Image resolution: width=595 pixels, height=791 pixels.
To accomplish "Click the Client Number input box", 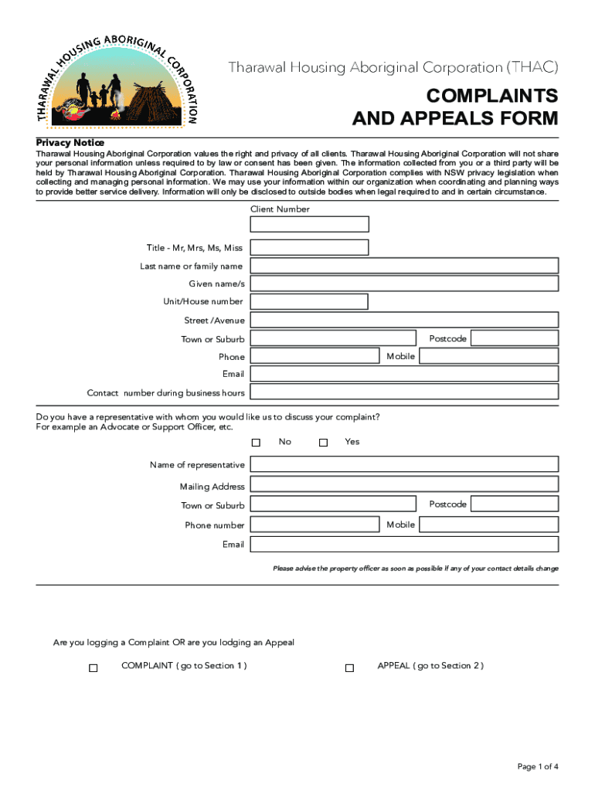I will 310,224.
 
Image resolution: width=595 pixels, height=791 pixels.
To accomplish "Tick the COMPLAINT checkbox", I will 93,668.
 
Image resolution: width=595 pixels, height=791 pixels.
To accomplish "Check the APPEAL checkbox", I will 349,668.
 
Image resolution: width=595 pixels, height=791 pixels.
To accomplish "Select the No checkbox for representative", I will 257,443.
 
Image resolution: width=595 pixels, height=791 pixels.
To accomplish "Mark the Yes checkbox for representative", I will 324,443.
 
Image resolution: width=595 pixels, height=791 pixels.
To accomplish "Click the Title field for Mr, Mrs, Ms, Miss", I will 310,247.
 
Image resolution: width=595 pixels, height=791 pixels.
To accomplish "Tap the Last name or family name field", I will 404,266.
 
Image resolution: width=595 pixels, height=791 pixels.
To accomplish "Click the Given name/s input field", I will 404,283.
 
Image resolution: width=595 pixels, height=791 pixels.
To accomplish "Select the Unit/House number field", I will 310,301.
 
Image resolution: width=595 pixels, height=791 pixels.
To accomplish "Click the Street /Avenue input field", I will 404,320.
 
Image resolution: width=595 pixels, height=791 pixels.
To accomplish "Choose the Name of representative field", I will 404,464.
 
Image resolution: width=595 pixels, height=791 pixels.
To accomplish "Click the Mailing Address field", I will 404,484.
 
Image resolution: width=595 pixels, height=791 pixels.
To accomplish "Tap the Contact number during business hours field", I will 404,392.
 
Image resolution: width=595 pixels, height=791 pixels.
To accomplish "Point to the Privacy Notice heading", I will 70,143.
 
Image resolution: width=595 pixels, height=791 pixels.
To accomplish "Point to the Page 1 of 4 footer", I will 538,766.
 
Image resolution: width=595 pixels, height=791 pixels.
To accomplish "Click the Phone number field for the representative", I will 316,525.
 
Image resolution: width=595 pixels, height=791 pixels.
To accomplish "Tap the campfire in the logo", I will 116,114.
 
